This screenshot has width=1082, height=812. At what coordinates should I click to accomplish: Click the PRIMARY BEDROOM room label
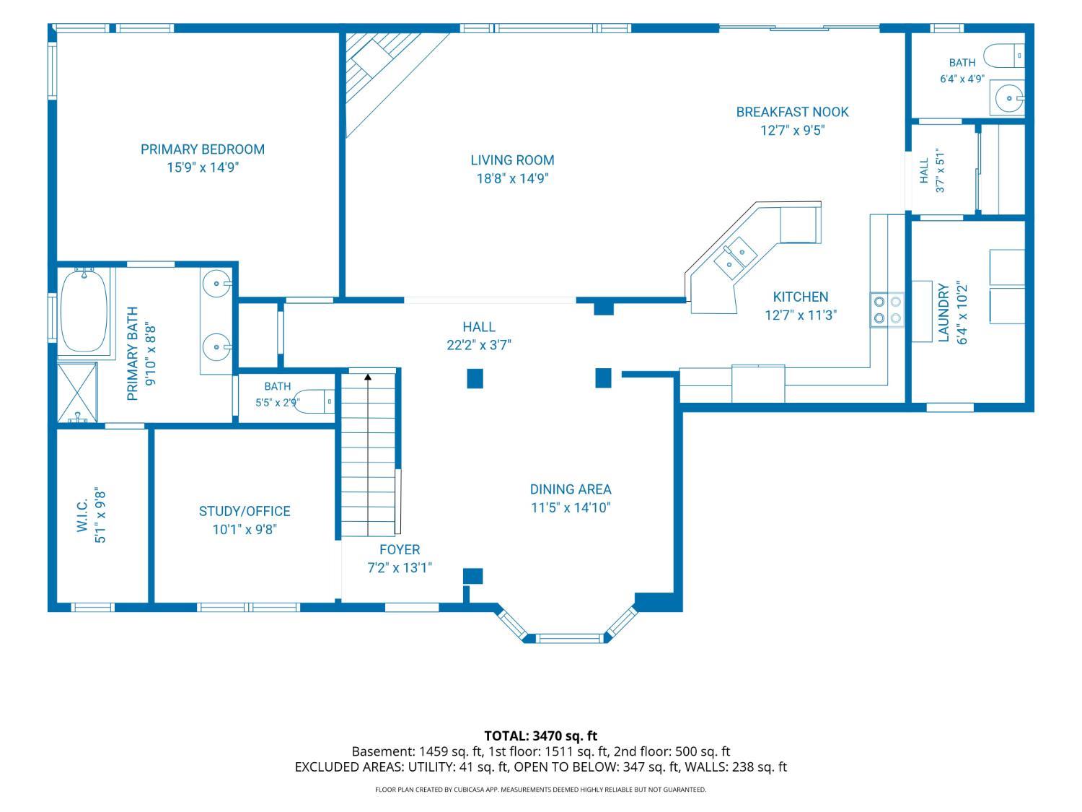pyautogui.click(x=203, y=149)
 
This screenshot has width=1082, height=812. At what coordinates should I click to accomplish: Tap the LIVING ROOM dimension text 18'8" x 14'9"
pyautogui.click(x=512, y=178)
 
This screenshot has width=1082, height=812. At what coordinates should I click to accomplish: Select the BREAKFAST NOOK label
pyautogui.click(x=792, y=112)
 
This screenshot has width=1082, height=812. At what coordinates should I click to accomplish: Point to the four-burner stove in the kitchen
pyautogui.click(x=887, y=310)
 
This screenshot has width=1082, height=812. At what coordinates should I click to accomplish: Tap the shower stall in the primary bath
pyautogui.click(x=77, y=393)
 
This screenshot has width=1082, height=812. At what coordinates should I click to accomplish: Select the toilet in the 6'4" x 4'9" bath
pyautogui.click(x=1004, y=56)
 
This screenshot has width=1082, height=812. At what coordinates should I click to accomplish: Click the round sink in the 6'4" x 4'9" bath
pyautogui.click(x=1009, y=98)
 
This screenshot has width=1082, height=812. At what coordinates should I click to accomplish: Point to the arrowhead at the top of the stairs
pyautogui.click(x=368, y=377)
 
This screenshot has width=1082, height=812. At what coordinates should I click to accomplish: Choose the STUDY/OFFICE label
pyautogui.click(x=245, y=511)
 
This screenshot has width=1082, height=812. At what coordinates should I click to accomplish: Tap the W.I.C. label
pyautogui.click(x=82, y=515)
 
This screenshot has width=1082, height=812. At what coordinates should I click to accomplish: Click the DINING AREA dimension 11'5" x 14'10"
pyautogui.click(x=571, y=508)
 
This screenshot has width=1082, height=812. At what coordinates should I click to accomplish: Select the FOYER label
pyautogui.click(x=400, y=550)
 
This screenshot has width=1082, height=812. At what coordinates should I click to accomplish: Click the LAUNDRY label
pyautogui.click(x=944, y=313)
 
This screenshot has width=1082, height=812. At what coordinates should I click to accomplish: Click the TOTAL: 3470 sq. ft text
pyautogui.click(x=541, y=736)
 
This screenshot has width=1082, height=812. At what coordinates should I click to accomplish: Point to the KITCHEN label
pyautogui.click(x=801, y=297)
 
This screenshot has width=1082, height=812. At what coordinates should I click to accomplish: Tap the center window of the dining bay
pyautogui.click(x=569, y=639)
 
